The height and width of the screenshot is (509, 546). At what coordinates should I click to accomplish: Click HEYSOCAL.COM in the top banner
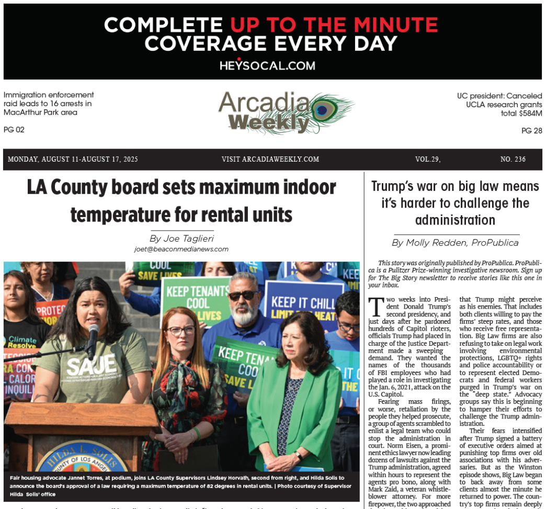tap(267, 65)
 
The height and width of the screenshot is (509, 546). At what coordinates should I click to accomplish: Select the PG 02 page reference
tap(14, 130)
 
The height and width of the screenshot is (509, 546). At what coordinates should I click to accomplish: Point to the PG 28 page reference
tap(531, 131)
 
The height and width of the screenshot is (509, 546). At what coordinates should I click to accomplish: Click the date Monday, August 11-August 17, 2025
tap(73, 160)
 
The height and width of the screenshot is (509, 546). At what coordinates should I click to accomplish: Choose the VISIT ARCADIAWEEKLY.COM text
tap(270, 160)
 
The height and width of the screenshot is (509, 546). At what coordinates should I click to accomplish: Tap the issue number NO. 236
tap(513, 160)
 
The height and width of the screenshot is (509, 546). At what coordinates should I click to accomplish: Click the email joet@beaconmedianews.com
tap(181, 250)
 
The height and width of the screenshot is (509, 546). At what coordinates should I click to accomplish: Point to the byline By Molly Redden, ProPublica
tap(455, 243)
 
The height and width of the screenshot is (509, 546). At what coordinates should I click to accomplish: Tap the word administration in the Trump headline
tap(455, 220)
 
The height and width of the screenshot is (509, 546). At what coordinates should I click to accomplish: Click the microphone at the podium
tap(93, 335)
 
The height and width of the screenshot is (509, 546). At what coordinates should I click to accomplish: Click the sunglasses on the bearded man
tap(243, 296)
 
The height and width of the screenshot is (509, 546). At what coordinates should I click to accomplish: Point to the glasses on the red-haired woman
tap(181, 331)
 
